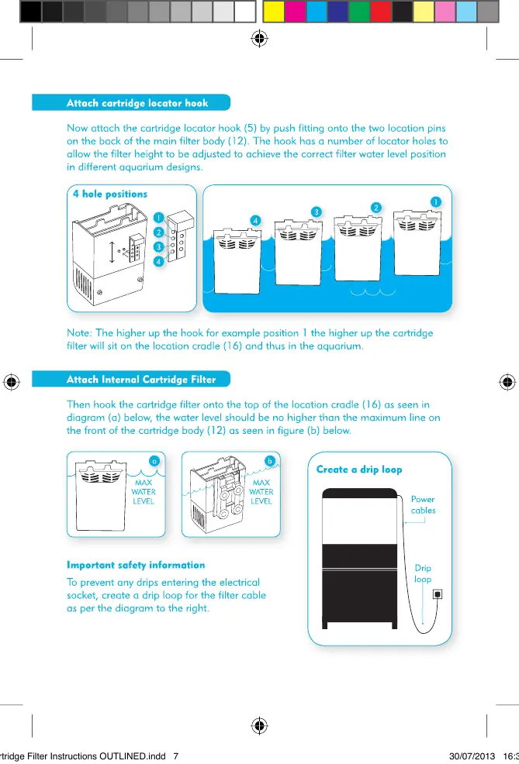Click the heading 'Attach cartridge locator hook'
click(x=137, y=102)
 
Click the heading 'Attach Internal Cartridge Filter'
click(x=140, y=380)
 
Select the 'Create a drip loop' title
click(x=359, y=470)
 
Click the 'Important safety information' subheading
click(x=136, y=565)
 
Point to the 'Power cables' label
click(x=423, y=505)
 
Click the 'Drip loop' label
click(x=423, y=573)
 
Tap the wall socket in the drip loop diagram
click(x=438, y=595)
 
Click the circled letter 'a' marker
click(x=154, y=460)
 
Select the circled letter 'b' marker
click(x=270, y=460)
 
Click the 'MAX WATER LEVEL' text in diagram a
click(x=144, y=491)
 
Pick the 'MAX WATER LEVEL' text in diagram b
click(x=261, y=491)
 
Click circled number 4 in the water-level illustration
click(x=255, y=221)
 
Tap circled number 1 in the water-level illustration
click(x=436, y=201)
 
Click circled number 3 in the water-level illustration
click(x=316, y=212)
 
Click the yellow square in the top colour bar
click(x=275, y=11)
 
